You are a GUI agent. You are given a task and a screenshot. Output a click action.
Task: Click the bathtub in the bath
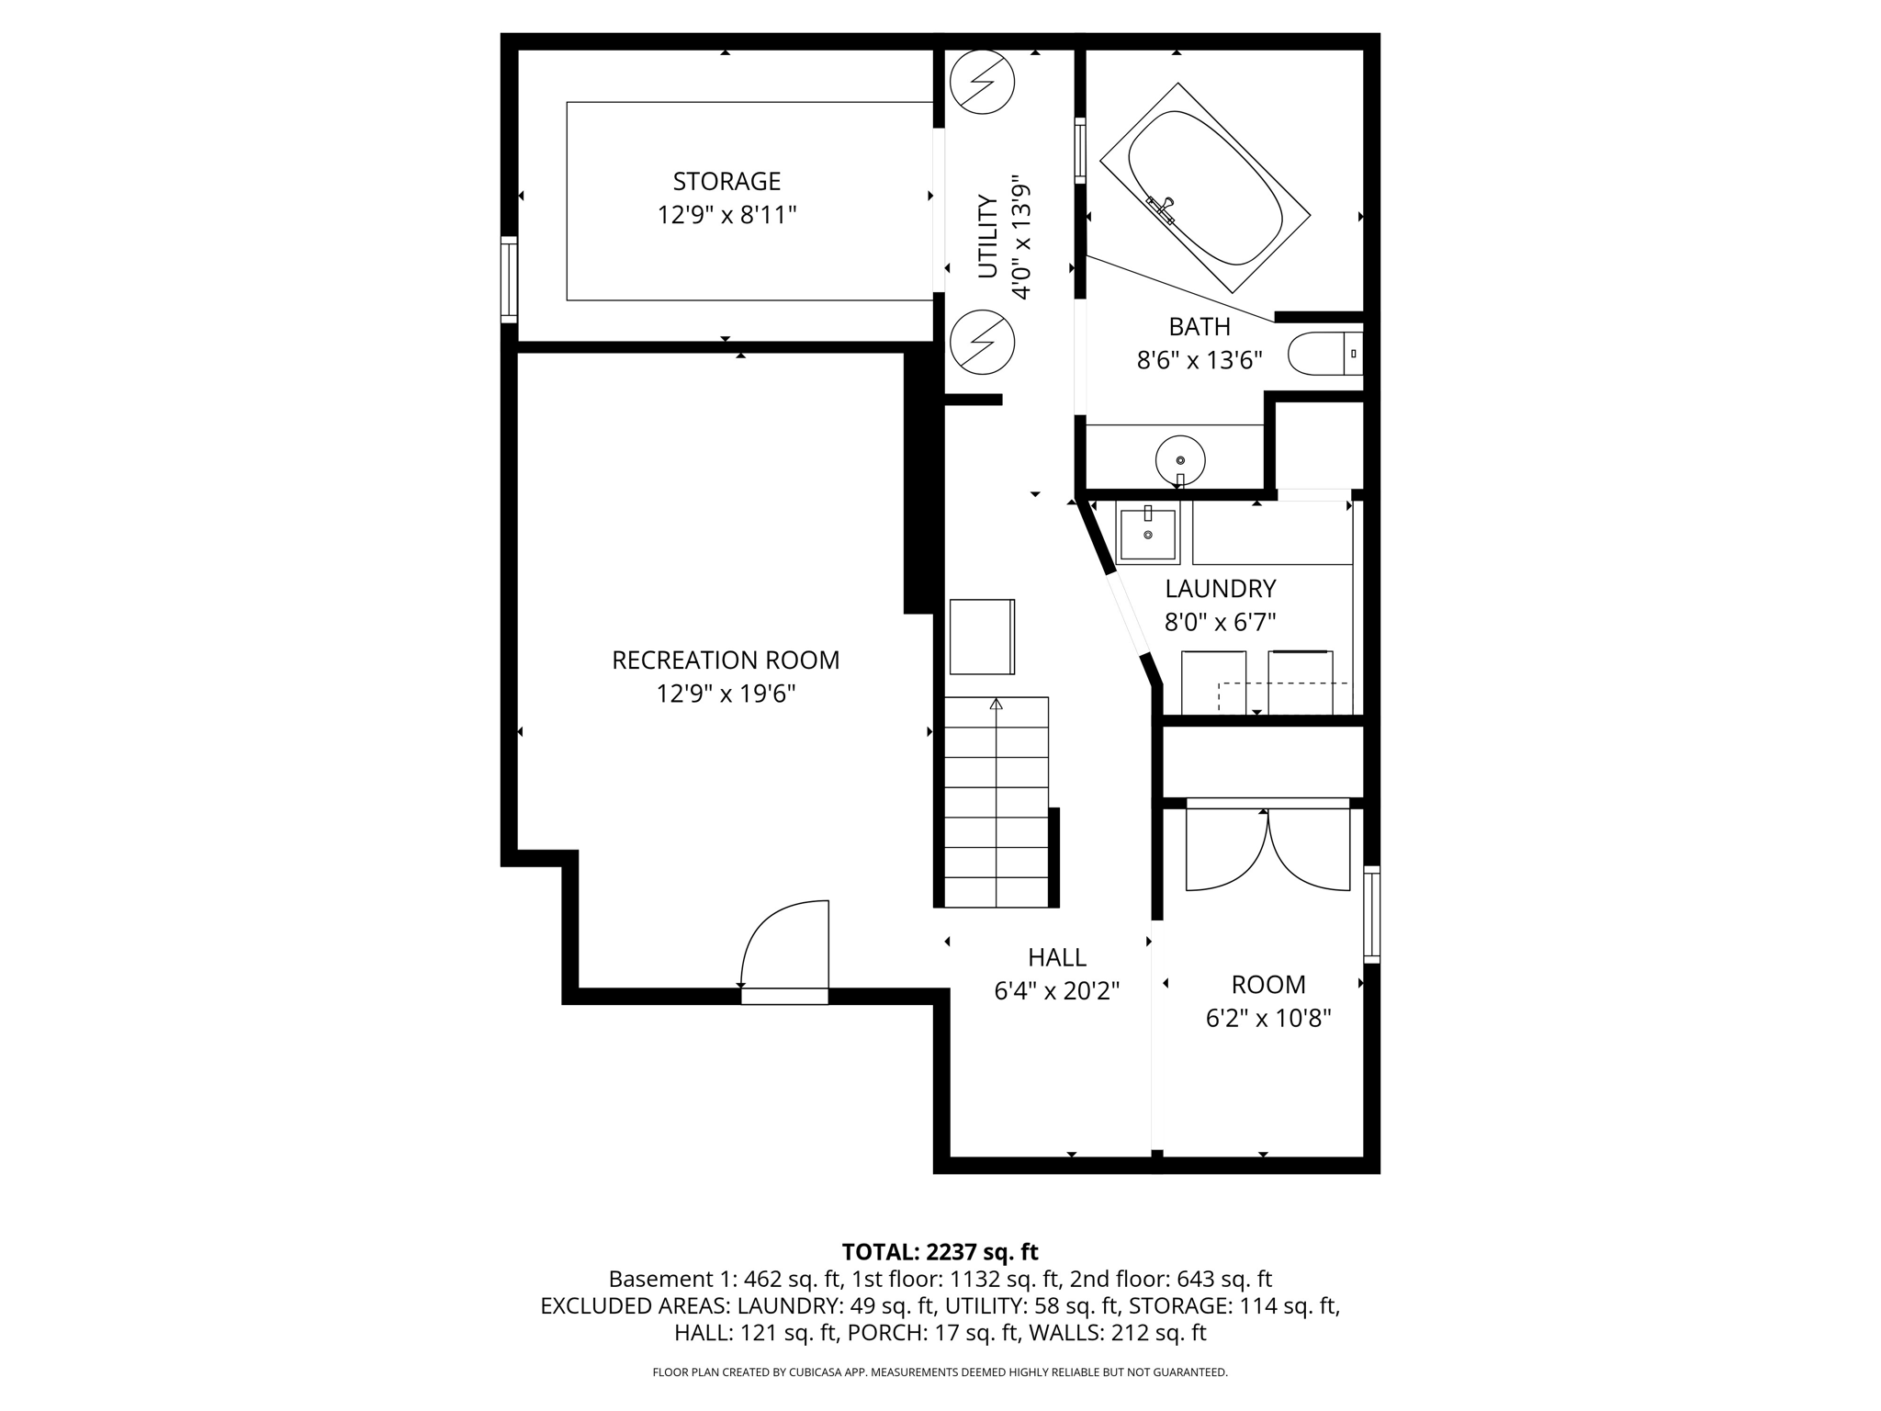1204,187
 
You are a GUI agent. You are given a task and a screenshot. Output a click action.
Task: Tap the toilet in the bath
1323,354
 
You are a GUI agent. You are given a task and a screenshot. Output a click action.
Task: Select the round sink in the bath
1180,459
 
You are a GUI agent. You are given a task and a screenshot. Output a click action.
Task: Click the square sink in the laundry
1147,534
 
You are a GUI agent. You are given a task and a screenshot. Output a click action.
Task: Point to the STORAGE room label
726,181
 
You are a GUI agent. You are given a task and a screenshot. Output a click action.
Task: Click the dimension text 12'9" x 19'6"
726,694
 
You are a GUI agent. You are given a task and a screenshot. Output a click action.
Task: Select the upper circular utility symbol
982,82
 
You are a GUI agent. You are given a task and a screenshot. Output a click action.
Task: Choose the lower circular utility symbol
982,343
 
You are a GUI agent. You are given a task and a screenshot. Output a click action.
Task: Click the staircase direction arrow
996,705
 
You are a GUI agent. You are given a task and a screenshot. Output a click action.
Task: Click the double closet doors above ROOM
1267,850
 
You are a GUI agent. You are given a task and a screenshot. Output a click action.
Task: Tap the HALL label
1057,957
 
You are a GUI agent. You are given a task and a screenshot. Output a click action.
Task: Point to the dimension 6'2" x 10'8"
1268,1019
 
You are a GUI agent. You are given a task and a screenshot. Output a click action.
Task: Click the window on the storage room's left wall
509,279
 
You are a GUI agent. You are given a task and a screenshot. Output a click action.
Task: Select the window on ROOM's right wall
1371,914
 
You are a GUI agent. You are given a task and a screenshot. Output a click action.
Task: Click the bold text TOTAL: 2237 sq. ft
940,1252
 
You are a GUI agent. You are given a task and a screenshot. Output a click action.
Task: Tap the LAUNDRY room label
1221,588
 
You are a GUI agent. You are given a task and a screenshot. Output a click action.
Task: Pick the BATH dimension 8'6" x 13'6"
1200,360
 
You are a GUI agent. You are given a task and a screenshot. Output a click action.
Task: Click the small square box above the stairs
982,637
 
